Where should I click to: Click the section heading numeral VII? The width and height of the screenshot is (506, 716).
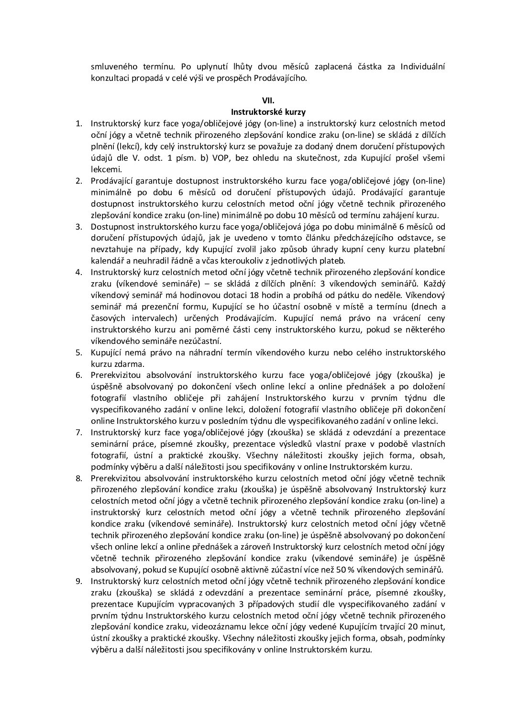pyautogui.click(x=268, y=101)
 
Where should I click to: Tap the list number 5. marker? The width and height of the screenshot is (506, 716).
pyautogui.click(x=79, y=352)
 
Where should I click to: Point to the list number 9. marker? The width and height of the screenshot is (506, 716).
pyautogui.click(x=79, y=581)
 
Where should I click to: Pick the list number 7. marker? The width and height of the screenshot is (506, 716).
pyautogui.click(x=79, y=432)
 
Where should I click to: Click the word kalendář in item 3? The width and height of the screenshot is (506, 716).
pyautogui.click(x=106, y=261)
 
